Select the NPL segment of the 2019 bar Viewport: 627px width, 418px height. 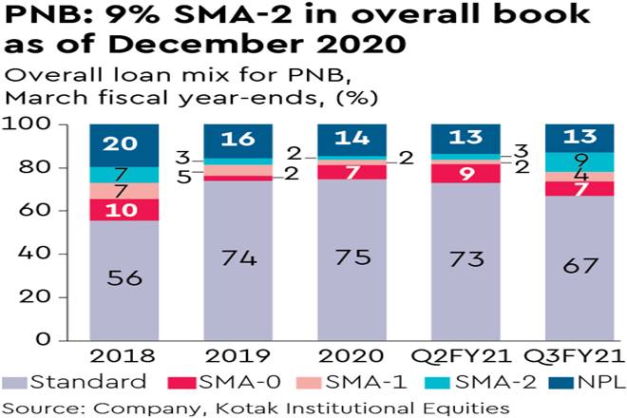(x=237, y=140)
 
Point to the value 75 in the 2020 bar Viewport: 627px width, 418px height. (x=351, y=257)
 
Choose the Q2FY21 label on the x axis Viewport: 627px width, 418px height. (x=465, y=357)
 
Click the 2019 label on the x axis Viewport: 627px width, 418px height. (x=237, y=357)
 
